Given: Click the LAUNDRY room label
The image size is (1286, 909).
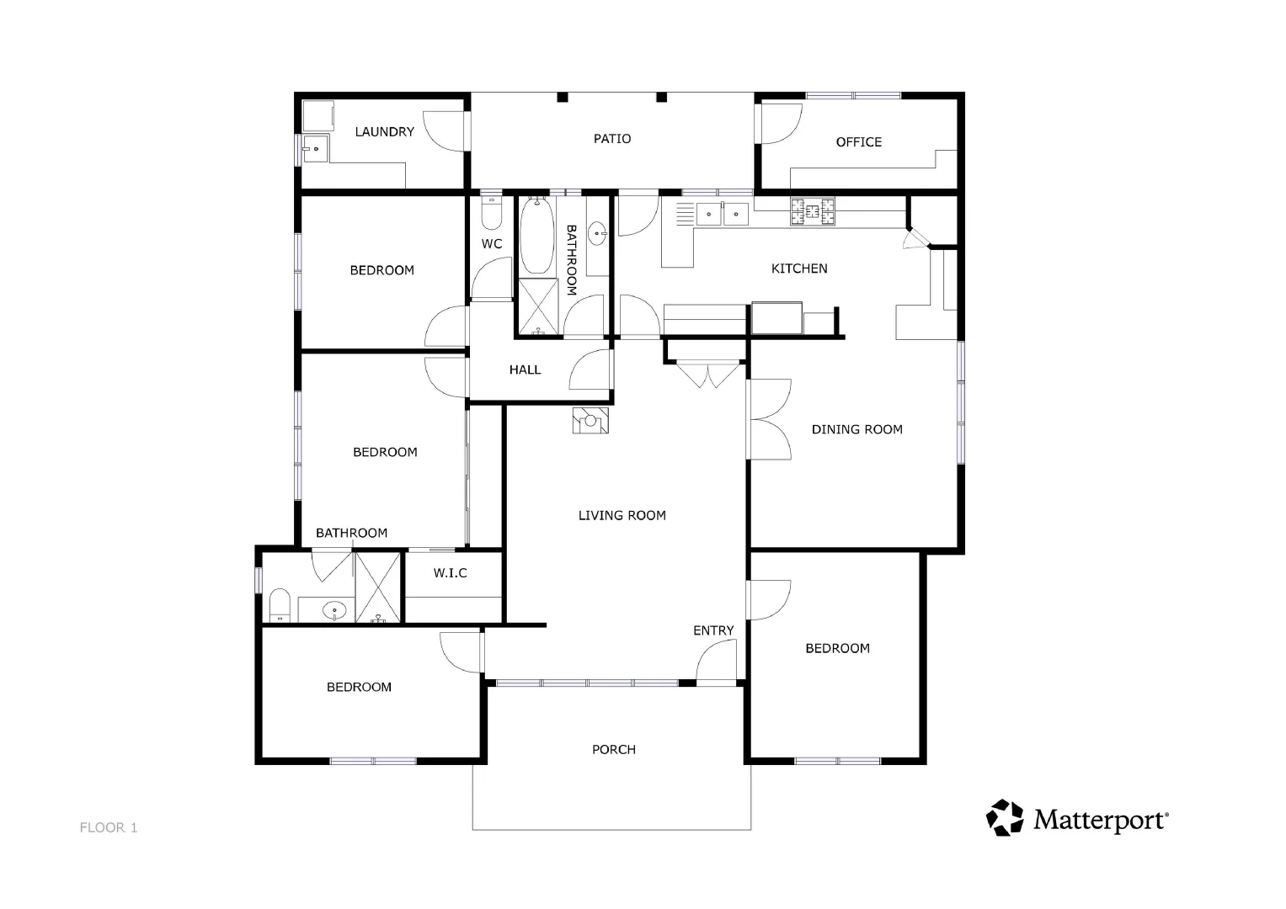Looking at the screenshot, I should click(x=384, y=132).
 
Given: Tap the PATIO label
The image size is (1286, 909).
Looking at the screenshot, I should click(x=612, y=139).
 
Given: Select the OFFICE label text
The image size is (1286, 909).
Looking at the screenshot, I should click(x=858, y=142).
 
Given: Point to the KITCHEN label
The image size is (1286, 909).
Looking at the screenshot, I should click(x=799, y=268).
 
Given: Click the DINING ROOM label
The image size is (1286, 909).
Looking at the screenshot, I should click(x=856, y=429).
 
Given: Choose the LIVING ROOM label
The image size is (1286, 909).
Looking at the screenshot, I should click(x=622, y=515).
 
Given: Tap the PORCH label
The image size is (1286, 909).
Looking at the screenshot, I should click(x=613, y=749).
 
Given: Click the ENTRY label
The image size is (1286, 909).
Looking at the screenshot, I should click(x=713, y=630).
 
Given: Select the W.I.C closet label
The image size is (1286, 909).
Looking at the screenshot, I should click(x=451, y=573).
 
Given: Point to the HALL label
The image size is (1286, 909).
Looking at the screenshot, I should click(x=525, y=369).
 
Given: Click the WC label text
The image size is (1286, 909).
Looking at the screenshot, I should click(x=492, y=244).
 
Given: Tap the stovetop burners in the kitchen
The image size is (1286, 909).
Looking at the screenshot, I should click(x=813, y=211).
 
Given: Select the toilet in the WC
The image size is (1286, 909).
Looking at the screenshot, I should click(x=491, y=214).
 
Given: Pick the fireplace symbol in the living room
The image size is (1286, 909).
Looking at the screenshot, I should click(x=590, y=420).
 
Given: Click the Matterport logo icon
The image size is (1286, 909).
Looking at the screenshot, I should click(x=1005, y=817).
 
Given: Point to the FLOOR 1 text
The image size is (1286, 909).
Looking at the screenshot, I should click(x=109, y=827).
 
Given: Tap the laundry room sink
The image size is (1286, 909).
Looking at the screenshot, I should click(x=315, y=148).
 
